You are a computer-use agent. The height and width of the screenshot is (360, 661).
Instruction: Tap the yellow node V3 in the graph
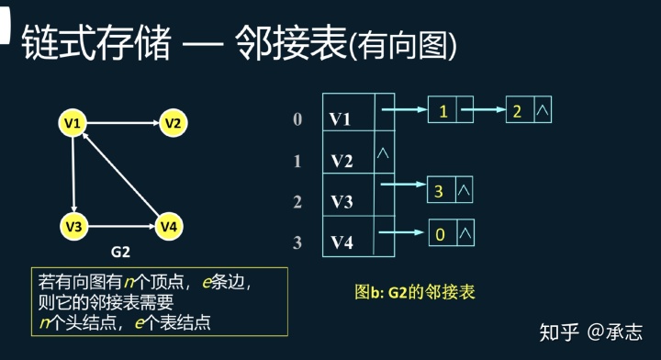[73, 225]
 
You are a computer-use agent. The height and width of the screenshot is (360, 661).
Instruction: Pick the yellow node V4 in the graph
[168, 225]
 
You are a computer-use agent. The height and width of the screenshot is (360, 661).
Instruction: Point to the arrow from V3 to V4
[120, 225]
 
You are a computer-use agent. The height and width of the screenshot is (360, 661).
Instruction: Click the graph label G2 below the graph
[121, 251]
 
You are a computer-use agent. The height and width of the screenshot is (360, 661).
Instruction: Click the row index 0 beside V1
[297, 119]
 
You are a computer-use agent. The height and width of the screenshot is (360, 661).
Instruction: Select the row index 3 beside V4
[297, 243]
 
